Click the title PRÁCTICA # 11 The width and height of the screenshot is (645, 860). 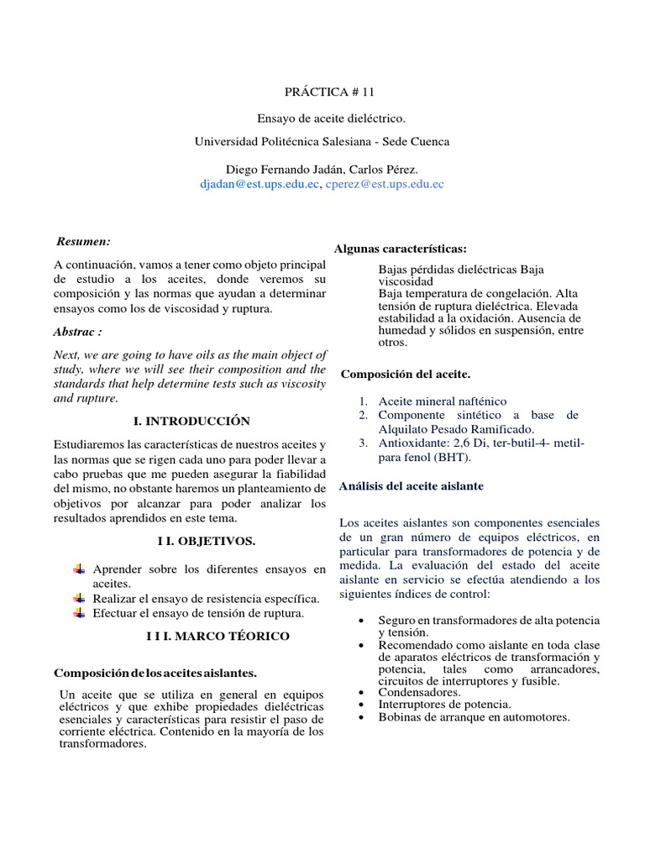322,96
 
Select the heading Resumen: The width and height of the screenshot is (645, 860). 83,242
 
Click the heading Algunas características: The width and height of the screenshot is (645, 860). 401,249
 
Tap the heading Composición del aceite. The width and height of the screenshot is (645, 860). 406,372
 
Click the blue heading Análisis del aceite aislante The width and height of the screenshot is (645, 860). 411,486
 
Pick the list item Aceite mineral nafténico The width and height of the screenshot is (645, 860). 443,401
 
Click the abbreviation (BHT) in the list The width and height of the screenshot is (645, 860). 453,458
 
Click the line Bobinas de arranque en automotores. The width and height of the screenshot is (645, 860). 474,717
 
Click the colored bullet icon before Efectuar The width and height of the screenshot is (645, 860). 79,613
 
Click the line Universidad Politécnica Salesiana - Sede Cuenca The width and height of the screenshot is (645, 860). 322,142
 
